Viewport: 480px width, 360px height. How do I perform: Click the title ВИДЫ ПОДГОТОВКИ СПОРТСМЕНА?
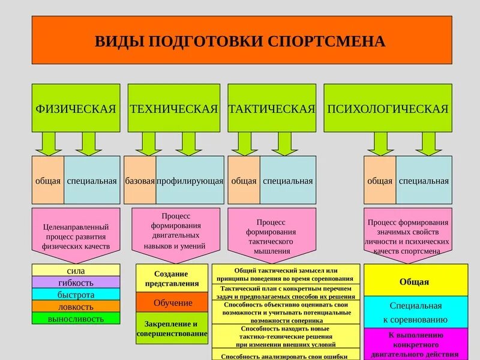tap(241, 40)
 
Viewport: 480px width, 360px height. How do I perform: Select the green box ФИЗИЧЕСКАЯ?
tap(76, 109)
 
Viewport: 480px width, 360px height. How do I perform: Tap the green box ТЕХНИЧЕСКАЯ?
tap(173, 109)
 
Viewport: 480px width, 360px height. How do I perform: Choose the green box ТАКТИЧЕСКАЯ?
tap(272, 109)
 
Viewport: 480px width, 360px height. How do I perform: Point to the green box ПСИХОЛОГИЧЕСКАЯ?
tap(388, 109)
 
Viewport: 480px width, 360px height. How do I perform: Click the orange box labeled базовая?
tap(140, 181)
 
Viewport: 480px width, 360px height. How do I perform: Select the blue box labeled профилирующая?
tap(190, 181)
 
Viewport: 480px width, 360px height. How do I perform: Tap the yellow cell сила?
tap(76, 271)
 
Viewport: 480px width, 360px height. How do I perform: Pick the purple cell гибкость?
tap(76, 283)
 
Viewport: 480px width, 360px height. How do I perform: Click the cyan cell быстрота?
tap(76, 295)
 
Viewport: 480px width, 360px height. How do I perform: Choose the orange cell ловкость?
tap(76, 307)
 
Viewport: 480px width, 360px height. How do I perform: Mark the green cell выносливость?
tap(76, 319)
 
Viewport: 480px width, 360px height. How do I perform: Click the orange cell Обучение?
tap(172, 302)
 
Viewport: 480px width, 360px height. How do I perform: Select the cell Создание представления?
tap(172, 278)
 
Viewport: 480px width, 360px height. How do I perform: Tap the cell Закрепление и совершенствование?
tap(172, 328)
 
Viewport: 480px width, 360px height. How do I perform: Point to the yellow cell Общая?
tap(415, 281)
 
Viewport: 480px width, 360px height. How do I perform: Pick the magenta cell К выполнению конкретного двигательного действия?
tap(415, 344)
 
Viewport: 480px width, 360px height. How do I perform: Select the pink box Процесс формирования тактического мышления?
tap(272, 231)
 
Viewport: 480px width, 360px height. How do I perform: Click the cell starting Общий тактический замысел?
tap(286, 275)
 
